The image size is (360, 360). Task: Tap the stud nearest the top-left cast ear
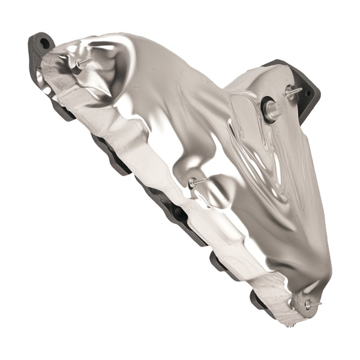[82, 62]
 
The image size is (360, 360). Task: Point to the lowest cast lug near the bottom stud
[259, 298]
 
